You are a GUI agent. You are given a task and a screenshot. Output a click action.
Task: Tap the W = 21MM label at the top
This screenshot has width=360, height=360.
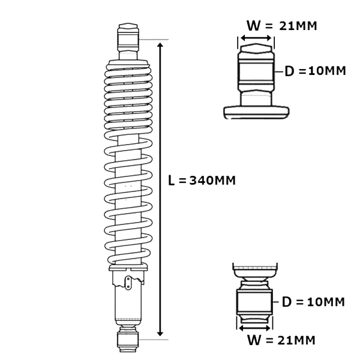(x=281, y=26)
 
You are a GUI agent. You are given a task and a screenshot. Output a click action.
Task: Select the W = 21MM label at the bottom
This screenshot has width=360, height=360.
(x=281, y=341)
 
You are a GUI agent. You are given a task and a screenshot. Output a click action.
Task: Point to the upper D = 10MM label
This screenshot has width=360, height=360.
(x=315, y=71)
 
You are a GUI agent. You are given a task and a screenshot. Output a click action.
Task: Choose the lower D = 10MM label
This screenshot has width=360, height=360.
(x=313, y=302)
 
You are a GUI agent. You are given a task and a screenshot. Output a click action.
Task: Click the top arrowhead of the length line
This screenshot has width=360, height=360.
(x=160, y=44)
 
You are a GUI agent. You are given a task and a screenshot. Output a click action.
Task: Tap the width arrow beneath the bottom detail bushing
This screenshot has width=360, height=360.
(x=256, y=328)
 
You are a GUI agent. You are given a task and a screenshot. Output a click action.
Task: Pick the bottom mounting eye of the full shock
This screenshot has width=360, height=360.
(x=128, y=340)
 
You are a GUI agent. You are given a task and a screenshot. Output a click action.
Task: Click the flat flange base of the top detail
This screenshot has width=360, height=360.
(x=256, y=112)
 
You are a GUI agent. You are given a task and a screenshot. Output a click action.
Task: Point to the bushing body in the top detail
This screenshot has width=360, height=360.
(x=256, y=71)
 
